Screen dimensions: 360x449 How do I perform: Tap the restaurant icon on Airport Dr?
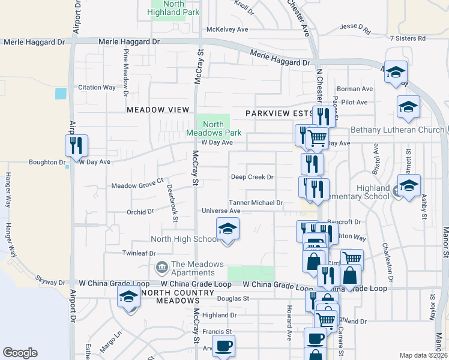tap(76, 146)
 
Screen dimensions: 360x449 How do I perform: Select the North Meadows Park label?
tap(213, 128)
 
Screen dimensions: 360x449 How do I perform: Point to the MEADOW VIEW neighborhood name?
tap(153, 110)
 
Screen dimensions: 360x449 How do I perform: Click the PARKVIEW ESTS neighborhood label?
tap(278, 113)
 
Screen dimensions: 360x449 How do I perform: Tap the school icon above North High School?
tap(227, 229)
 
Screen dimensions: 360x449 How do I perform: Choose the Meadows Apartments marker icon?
tap(161, 266)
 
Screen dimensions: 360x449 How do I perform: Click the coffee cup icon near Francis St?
tap(223, 346)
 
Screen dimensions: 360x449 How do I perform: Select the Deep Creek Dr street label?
tap(252, 177)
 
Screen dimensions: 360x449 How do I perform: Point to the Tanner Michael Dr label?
tap(256, 203)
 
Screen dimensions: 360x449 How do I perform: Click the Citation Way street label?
tap(97, 88)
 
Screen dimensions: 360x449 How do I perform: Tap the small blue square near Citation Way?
tap(61, 94)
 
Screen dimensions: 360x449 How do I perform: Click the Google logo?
tap(20, 353)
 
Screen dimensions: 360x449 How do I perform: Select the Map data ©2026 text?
tap(423, 355)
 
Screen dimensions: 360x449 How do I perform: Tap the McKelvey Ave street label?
tap(227, 29)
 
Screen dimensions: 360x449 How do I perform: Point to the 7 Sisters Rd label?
tap(408, 38)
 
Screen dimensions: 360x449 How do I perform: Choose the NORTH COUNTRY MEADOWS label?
tap(176, 296)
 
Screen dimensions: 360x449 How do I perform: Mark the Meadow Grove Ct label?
tap(137, 181)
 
